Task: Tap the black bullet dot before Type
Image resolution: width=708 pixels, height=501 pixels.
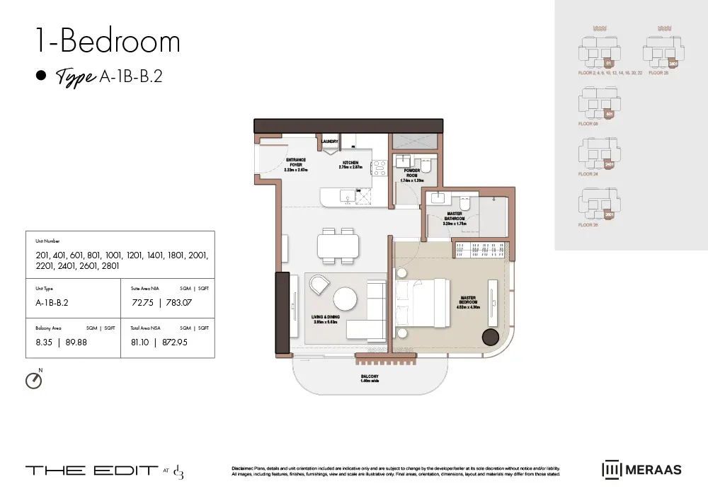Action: click(x=41, y=76)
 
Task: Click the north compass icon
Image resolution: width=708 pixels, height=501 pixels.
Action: click(x=33, y=380)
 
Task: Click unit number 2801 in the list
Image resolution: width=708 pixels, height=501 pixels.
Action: click(x=108, y=267)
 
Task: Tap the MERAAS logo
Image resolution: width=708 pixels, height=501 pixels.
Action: click(x=642, y=469)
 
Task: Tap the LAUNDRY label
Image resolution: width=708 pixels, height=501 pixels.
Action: click(x=330, y=142)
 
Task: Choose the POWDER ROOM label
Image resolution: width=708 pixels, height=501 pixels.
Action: click(x=412, y=173)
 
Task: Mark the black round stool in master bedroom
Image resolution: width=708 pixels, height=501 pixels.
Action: click(x=490, y=338)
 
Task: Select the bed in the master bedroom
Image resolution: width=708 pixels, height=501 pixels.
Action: click(x=421, y=304)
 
